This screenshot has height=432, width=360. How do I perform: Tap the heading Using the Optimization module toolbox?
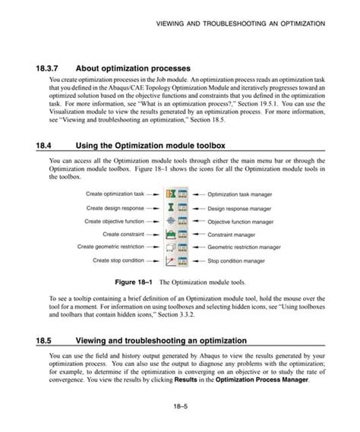(155, 144)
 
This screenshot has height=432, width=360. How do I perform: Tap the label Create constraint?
(122, 234)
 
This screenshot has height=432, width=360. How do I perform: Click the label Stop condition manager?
(237, 261)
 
